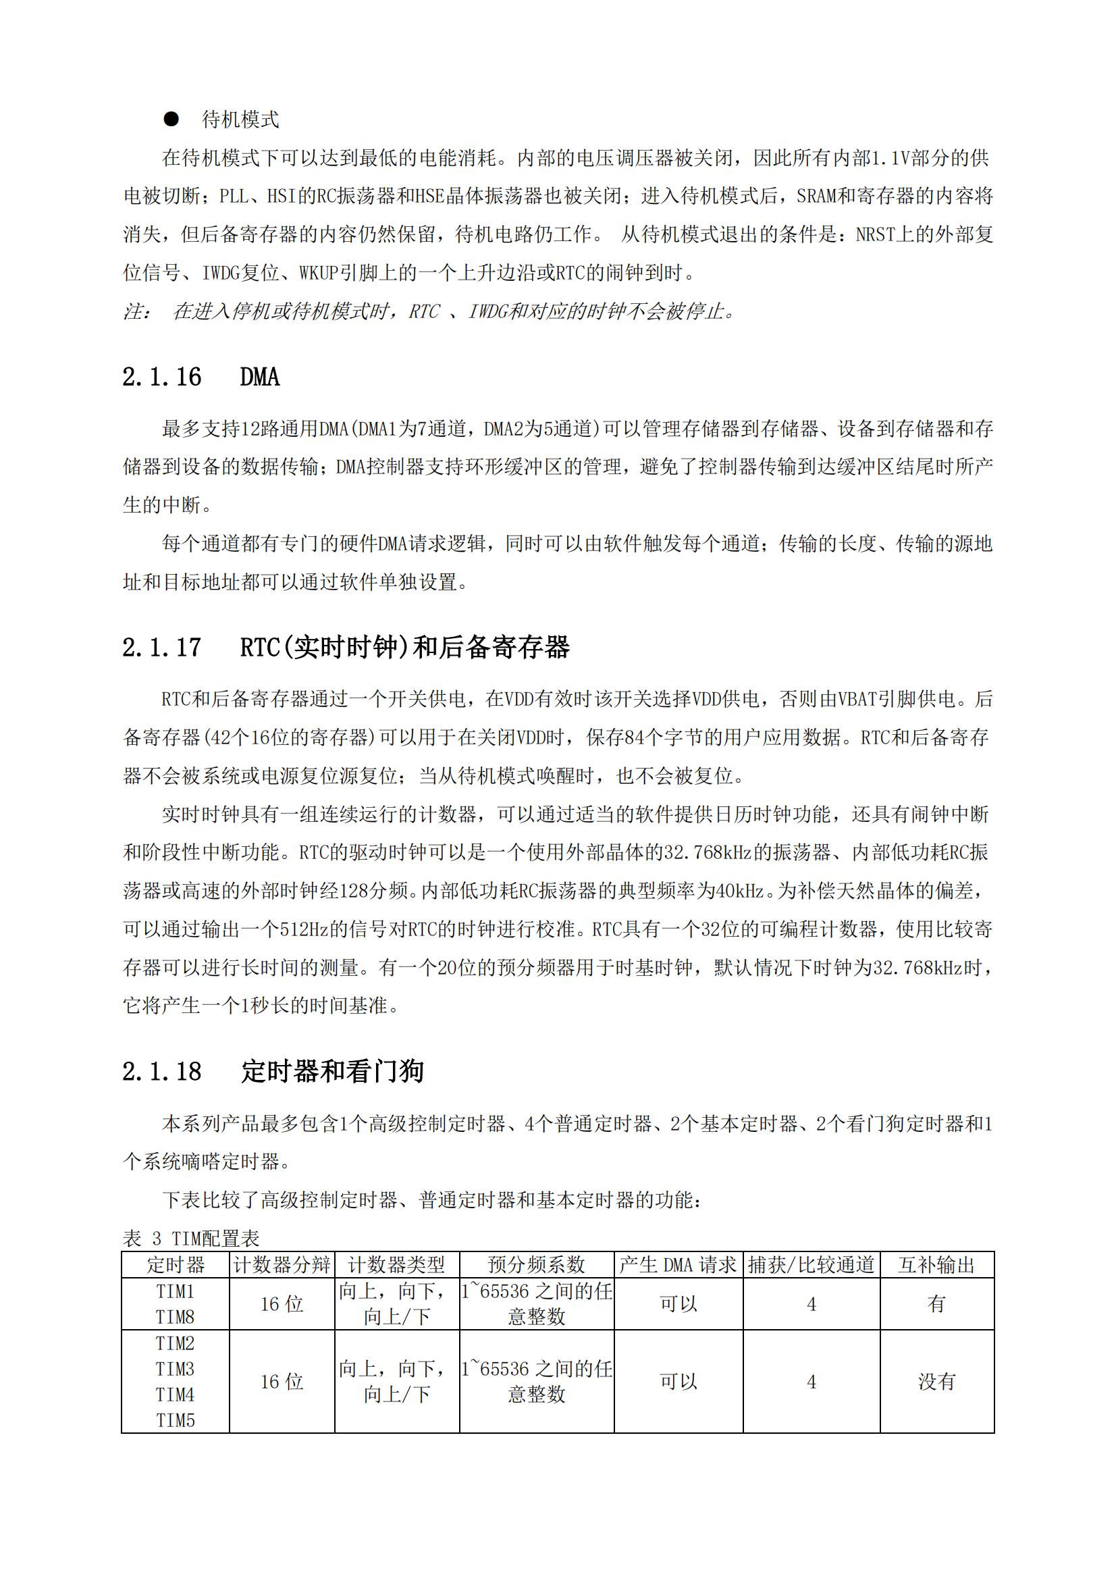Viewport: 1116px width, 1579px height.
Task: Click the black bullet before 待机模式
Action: (171, 120)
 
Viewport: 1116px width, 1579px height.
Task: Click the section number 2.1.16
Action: (161, 377)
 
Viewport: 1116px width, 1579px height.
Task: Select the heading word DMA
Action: (259, 377)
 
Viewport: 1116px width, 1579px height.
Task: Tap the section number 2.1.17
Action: (161, 647)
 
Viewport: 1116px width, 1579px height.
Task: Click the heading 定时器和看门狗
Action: (332, 1071)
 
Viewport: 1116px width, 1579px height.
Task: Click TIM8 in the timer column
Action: (176, 1317)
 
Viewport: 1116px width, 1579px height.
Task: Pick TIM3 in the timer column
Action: (176, 1369)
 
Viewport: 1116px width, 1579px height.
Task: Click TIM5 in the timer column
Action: (176, 1421)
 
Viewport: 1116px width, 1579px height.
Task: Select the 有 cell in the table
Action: (936, 1304)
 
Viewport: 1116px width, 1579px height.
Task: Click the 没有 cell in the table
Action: (936, 1382)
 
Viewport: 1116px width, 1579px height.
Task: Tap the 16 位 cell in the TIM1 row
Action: (282, 1304)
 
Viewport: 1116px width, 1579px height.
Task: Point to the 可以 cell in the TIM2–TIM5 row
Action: (678, 1382)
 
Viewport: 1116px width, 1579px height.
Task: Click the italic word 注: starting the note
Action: (136, 311)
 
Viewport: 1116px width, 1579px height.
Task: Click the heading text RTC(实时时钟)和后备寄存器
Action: (404, 647)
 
